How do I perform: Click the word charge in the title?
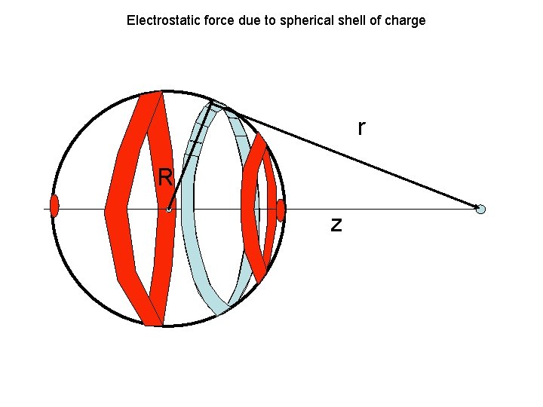(406, 20)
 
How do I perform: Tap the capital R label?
(166, 178)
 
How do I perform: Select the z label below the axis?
(336, 224)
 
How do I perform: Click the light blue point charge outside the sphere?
(481, 209)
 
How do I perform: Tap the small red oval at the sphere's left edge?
(54, 206)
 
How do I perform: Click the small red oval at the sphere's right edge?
(281, 210)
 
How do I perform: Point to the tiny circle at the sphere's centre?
(169, 210)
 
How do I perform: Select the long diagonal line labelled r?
(347, 155)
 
